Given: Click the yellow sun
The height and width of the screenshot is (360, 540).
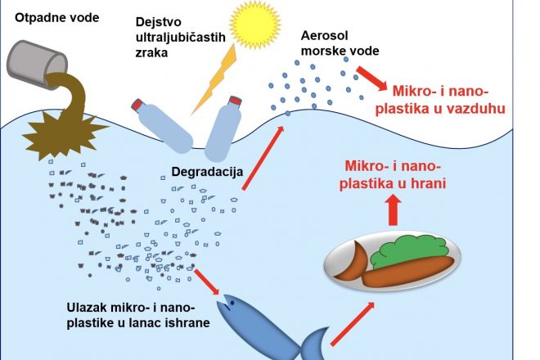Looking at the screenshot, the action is coord(254,24).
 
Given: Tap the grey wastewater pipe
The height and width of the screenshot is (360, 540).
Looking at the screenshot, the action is coord(36,64).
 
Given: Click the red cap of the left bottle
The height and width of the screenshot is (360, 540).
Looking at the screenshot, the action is coord(137,105).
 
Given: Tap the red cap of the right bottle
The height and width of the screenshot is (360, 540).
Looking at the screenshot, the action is coord(236,100).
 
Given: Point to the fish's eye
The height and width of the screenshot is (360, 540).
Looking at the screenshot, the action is coord(232,304).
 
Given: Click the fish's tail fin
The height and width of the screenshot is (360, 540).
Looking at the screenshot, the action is coord(314,344).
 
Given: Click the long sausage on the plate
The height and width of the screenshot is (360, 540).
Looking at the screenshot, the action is coord(407,272).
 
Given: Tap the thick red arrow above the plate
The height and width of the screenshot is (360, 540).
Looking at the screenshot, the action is coord(393,210).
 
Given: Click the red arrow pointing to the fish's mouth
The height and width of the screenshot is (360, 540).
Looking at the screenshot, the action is coord(207,282).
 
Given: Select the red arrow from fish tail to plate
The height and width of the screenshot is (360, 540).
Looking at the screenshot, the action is coord(353,323).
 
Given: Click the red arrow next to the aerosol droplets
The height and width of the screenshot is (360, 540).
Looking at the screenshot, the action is coord(371,79).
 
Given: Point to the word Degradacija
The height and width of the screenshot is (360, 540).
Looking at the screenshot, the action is coord(207,172).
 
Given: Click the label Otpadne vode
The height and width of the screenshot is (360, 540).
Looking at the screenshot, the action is coord(56,17).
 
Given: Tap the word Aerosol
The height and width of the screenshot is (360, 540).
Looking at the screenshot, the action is coord(320,35).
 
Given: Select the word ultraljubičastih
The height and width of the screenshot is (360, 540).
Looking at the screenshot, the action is coord(181,37).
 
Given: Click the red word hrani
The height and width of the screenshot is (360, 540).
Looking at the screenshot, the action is coord(427,183).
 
